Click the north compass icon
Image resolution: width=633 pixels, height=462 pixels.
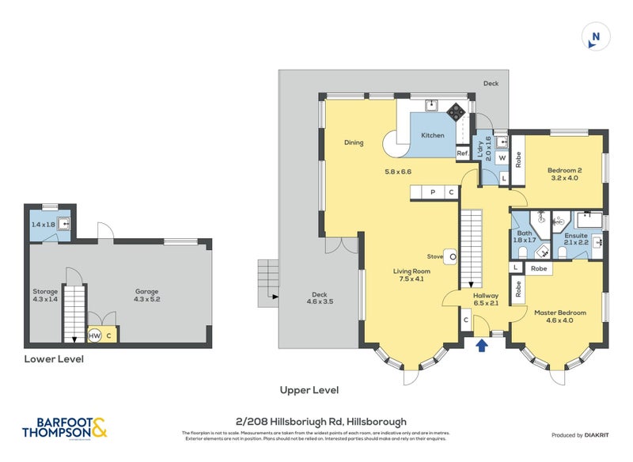click(595, 37)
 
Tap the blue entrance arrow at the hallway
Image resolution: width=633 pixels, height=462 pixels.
click(480, 344)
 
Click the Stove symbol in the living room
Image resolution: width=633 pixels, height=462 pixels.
click(450, 256)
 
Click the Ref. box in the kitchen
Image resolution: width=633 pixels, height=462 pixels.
click(462, 153)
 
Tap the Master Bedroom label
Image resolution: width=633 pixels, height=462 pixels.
click(559, 317)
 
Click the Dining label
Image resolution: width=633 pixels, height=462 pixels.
click(353, 143)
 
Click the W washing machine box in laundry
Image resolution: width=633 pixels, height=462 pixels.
click(502, 157)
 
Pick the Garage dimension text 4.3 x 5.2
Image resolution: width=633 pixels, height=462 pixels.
click(146, 296)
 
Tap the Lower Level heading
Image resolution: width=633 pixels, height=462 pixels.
click(54, 359)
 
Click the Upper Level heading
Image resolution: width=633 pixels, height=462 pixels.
click(309, 390)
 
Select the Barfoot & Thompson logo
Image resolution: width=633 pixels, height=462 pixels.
click(65, 428)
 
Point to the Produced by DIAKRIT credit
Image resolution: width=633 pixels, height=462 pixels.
click(585, 436)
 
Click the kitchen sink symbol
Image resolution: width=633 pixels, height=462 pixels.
click(432, 105)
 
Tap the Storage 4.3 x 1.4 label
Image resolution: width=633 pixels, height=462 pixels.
click(46, 296)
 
